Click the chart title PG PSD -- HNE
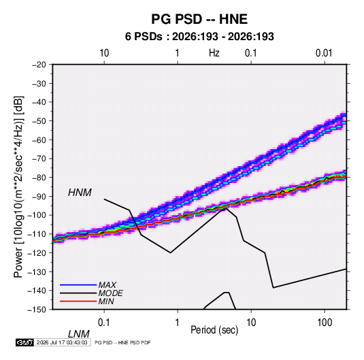(199, 19)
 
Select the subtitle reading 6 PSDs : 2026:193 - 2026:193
(199, 37)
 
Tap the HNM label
(80, 193)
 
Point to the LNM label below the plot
(79, 334)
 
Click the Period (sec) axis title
(214, 330)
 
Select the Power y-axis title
(18, 187)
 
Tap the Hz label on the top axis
(214, 53)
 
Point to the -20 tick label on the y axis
(39, 65)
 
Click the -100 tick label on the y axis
(37, 215)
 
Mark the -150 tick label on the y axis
(37, 310)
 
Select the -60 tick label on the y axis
(39, 140)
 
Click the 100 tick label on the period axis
(325, 323)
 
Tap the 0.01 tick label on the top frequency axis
(324, 53)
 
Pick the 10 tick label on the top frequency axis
(104, 53)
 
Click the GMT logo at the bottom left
(25, 342)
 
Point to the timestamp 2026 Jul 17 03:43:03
(62, 342)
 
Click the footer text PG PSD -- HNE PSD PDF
(122, 342)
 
